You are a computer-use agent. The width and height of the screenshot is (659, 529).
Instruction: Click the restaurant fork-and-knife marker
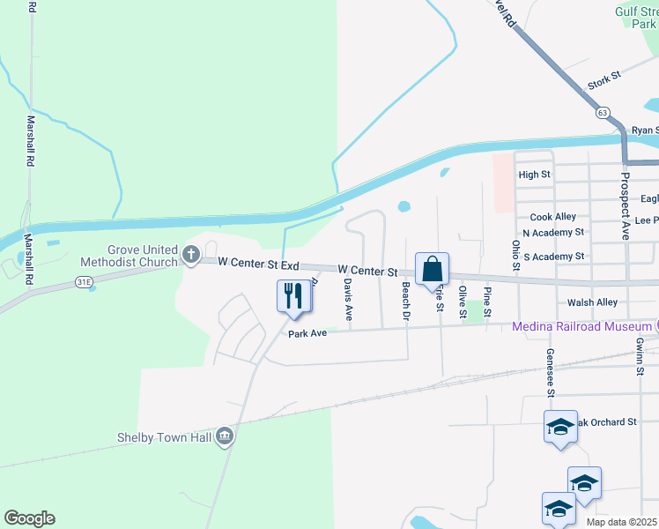point(294,296)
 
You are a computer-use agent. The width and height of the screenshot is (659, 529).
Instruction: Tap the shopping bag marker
point(432,268)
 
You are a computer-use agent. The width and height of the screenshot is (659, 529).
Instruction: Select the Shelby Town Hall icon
point(225,436)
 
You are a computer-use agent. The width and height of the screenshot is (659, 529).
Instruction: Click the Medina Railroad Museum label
point(581,327)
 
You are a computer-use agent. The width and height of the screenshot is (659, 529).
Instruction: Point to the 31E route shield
point(84,281)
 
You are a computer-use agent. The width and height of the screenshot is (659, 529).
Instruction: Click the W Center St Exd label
point(259,264)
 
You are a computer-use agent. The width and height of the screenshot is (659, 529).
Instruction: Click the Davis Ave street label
point(349,299)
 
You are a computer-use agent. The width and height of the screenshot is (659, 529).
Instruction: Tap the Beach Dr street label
point(406,301)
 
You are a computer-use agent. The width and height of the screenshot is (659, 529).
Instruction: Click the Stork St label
point(604,80)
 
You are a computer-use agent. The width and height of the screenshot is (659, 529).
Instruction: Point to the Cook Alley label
point(552,217)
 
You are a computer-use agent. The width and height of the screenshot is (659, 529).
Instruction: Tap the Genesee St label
point(550,370)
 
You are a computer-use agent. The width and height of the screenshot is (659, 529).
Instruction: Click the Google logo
point(29,518)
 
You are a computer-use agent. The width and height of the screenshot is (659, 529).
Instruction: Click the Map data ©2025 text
point(620,522)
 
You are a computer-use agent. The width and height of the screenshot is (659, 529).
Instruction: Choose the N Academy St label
point(553,233)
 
